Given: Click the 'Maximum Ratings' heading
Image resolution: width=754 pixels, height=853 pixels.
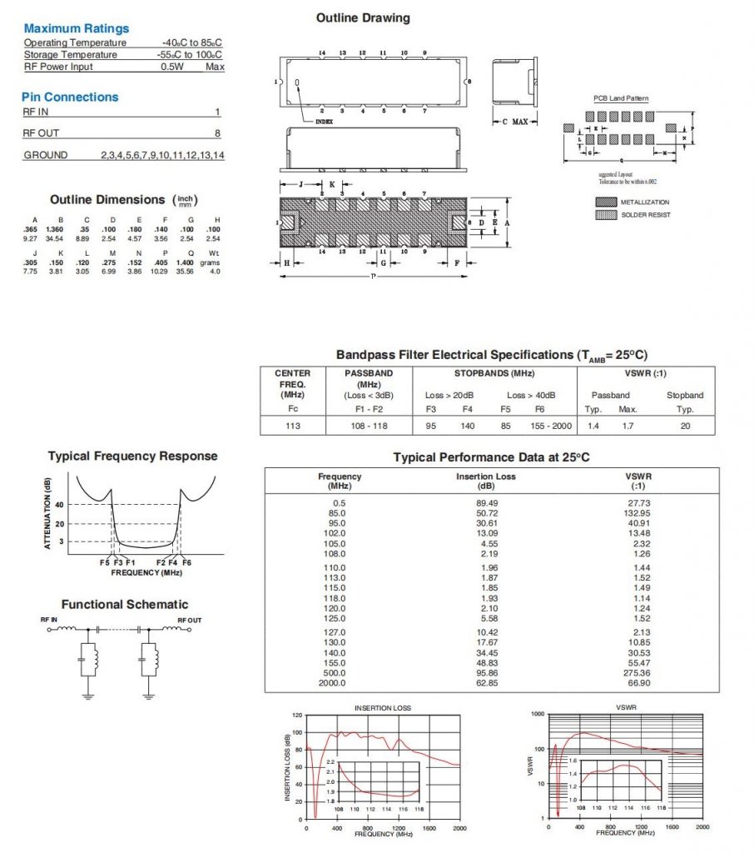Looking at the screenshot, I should tap(77, 29).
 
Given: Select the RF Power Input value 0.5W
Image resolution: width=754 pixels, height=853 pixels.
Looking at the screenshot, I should tap(172, 67).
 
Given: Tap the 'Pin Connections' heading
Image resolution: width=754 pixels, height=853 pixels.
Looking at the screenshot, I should tap(70, 97).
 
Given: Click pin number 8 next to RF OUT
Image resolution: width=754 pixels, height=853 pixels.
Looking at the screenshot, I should tap(217, 133).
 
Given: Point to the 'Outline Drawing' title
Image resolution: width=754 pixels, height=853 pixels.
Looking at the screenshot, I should tap(363, 17).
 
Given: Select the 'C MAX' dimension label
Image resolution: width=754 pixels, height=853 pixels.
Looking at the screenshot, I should tap(514, 122).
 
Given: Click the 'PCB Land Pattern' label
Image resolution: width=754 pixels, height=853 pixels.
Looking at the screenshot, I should tap(620, 98).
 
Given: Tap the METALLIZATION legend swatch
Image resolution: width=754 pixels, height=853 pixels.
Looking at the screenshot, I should tap(606, 202).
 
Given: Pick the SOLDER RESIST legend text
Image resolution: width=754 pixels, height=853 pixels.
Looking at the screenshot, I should tap(647, 215).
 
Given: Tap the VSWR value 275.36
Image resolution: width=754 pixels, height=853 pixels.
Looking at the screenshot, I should tap(638, 672).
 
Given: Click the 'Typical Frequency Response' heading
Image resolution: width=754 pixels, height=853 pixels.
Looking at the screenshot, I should tap(132, 456).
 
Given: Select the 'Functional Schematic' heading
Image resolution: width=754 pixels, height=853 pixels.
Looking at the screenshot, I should tap(125, 604).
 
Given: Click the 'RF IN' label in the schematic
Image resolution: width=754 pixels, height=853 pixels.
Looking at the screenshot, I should tap(48, 621).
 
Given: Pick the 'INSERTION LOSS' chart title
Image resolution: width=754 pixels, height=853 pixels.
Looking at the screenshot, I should tap(383, 708).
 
